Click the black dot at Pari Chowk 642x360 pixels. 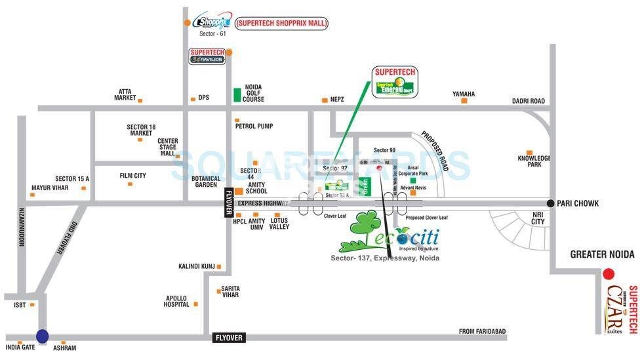[x=551, y=203]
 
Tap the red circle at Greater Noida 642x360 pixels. [x=609, y=273]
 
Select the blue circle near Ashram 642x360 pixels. [x=42, y=336]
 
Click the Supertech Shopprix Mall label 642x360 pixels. [x=281, y=24]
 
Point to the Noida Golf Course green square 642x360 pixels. [x=237, y=94]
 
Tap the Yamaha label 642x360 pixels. [x=463, y=94]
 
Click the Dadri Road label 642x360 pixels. [x=528, y=101]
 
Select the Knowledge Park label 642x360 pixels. [x=534, y=161]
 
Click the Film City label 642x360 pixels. [x=132, y=176]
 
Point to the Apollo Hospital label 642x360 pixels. [x=176, y=301]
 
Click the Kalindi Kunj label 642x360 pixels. [x=197, y=266]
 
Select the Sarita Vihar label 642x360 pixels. [x=230, y=292]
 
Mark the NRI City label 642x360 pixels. [x=538, y=218]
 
